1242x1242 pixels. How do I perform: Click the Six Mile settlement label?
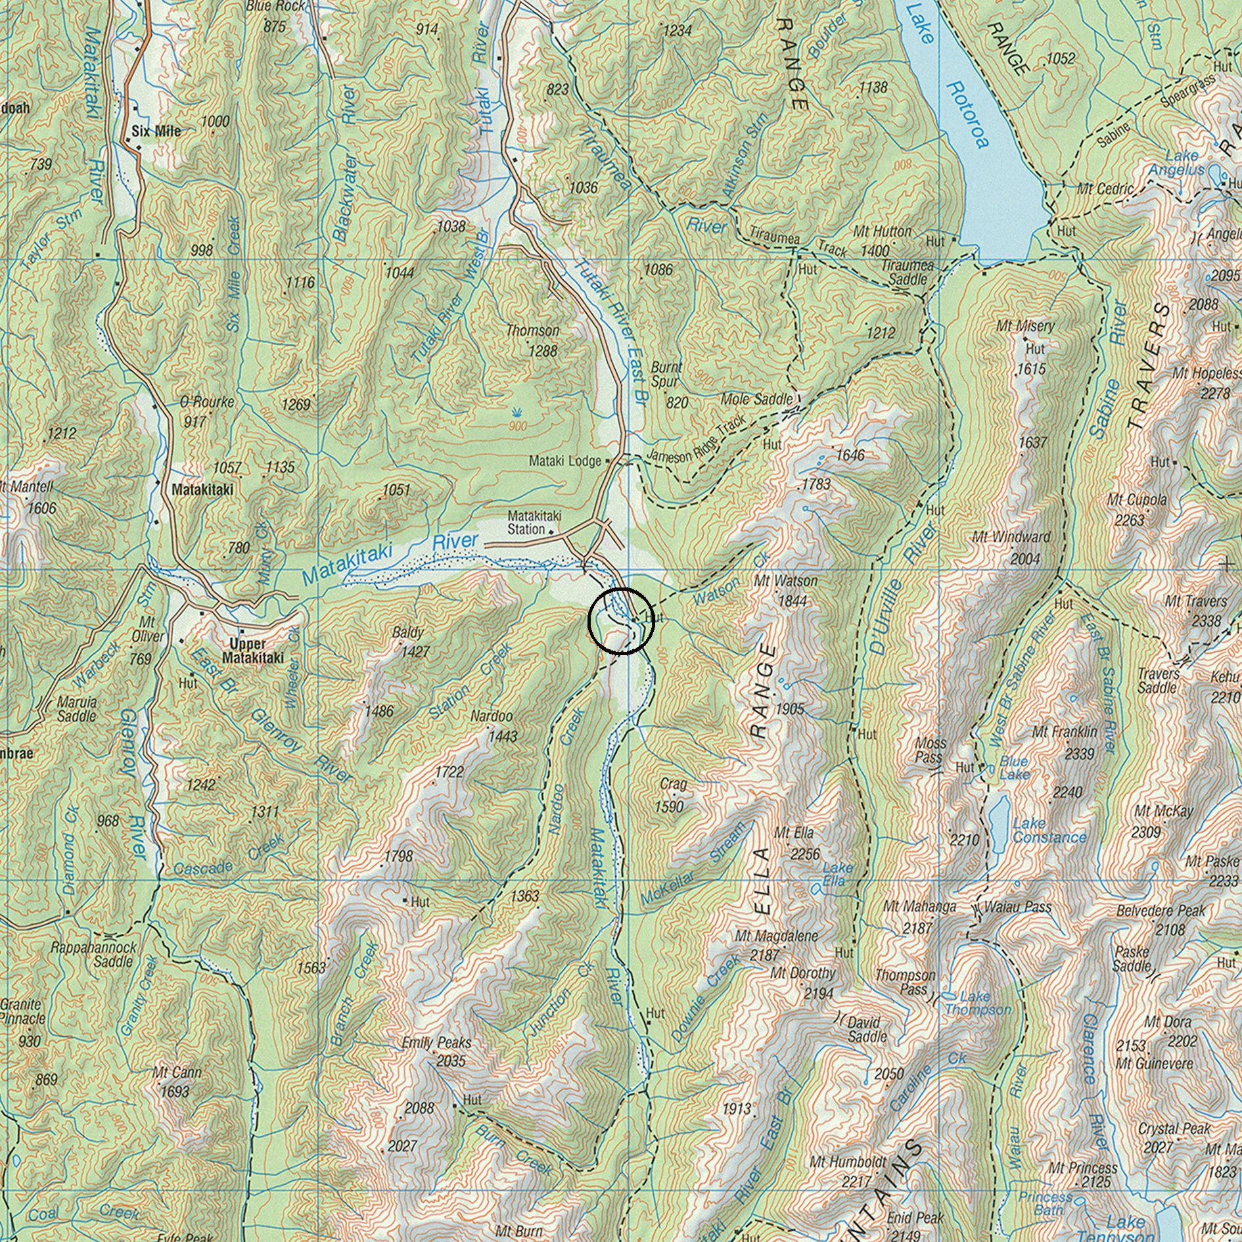(156, 131)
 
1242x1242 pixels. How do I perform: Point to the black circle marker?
(621, 621)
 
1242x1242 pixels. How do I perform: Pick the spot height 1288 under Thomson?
(543, 351)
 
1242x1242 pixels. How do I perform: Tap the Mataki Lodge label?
(565, 461)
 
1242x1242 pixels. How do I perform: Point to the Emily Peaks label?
(436, 1042)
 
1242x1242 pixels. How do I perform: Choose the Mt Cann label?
(177, 1072)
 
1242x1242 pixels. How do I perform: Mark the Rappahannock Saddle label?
(94, 954)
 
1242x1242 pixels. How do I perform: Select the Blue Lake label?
(1014, 768)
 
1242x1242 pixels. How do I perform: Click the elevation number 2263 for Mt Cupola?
(1129, 520)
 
